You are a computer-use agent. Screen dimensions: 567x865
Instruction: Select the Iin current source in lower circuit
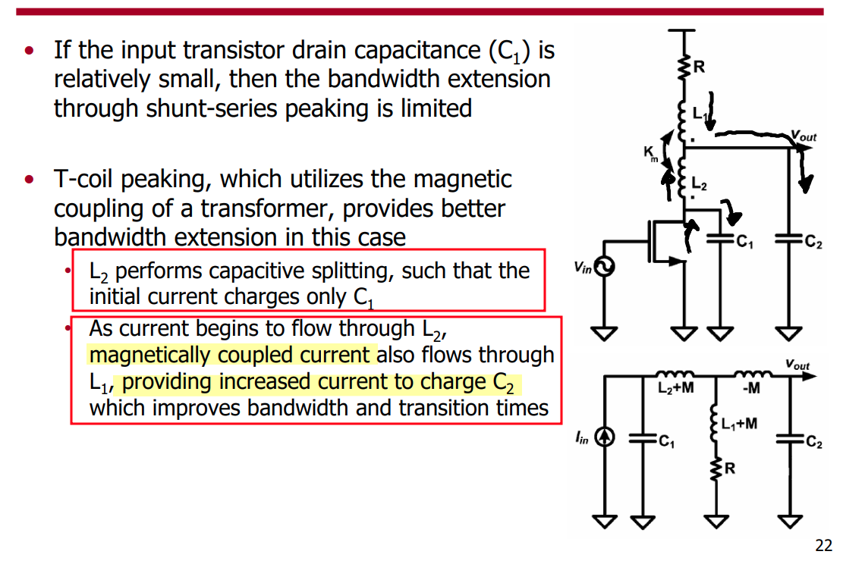604,437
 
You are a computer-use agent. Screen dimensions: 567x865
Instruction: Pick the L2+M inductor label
673,389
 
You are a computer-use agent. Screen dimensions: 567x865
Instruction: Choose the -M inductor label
752,389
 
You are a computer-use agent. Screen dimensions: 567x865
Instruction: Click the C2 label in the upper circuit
812,243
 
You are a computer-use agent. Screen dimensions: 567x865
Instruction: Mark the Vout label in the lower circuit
797,365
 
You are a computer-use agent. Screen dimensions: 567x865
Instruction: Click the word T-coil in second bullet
86,180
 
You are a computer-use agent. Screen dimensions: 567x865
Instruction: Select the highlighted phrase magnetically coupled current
231,355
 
